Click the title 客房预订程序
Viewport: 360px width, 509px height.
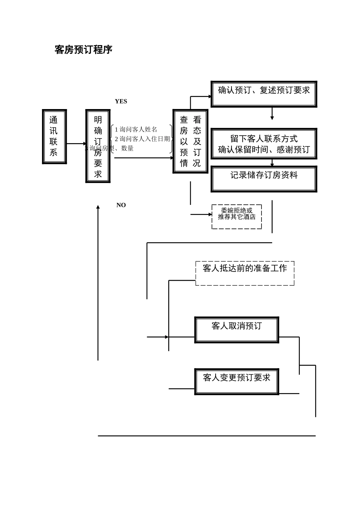(x=83, y=50)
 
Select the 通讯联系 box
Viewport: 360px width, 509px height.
(x=54, y=137)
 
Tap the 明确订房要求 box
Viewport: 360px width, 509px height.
(x=98, y=146)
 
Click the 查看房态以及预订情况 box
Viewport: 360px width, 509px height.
(x=190, y=141)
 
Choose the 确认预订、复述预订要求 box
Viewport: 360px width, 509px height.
(x=264, y=94)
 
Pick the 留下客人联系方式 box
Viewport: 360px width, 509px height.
(x=264, y=144)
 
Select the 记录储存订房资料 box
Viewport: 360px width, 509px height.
(x=264, y=179)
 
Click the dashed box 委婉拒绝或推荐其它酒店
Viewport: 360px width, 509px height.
(x=236, y=217)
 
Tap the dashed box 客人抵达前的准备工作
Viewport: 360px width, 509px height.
(x=245, y=273)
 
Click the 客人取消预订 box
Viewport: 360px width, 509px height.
(x=236, y=330)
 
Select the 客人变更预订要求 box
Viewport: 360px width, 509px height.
(x=236, y=381)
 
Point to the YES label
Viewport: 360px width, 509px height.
(x=121, y=101)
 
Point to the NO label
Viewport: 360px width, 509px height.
(x=121, y=205)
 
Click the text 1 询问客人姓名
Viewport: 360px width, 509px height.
(x=136, y=130)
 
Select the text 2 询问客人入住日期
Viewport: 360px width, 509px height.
(x=142, y=139)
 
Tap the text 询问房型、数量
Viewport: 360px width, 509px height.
(x=111, y=148)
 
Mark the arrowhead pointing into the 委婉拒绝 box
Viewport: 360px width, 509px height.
(x=210, y=214)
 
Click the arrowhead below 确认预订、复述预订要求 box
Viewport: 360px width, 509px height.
(x=272, y=118)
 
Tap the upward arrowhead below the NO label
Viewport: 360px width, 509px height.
(x=98, y=207)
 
